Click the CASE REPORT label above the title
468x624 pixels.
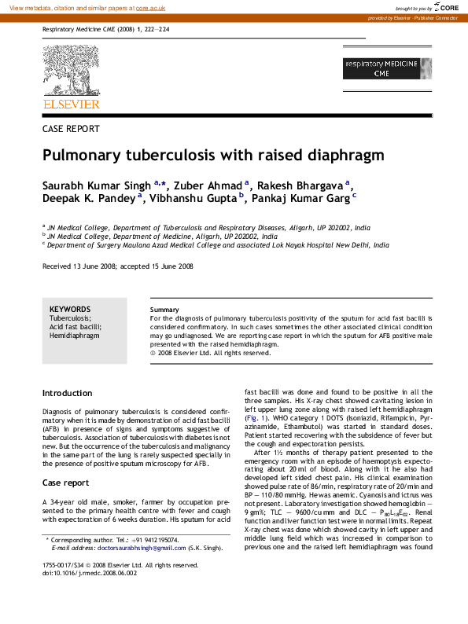(x=71, y=128)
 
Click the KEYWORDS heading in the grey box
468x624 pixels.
(x=70, y=309)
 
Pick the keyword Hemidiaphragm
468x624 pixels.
(x=75, y=336)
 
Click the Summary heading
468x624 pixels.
(x=164, y=310)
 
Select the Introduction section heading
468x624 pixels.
(x=67, y=393)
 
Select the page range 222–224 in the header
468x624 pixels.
(x=159, y=30)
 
